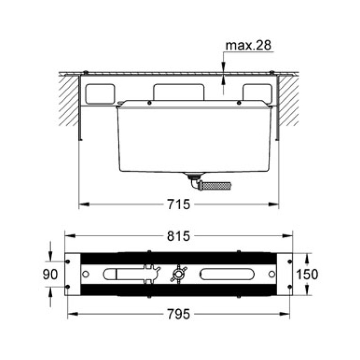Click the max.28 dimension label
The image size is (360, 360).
point(248,45)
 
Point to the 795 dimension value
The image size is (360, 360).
point(179,314)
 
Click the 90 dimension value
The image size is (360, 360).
point(50,274)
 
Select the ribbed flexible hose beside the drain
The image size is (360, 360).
point(216,185)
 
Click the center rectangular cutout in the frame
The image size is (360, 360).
point(179,92)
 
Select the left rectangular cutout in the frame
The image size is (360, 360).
point(100,94)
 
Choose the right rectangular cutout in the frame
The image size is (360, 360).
point(257,94)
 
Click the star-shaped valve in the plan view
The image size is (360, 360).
point(177,274)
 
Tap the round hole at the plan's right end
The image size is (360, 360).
point(271,274)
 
